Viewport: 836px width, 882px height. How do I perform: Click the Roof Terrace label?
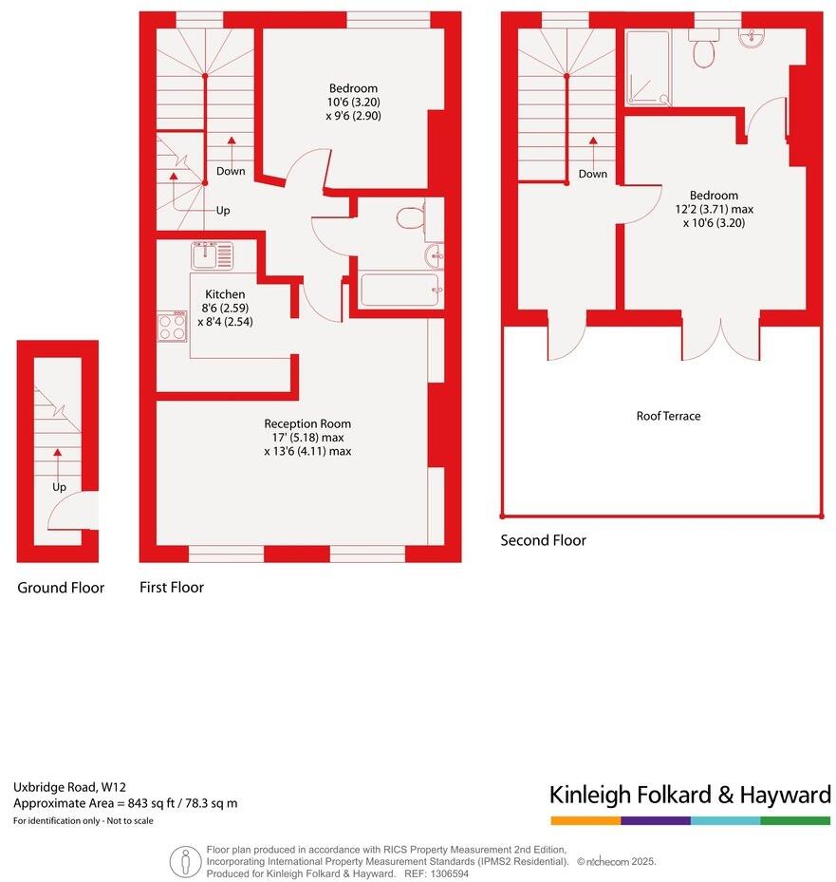point(668,416)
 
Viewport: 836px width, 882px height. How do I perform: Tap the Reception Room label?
point(307,423)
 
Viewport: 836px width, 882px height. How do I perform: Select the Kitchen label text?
point(225,294)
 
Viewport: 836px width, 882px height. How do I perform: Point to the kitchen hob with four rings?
point(172,326)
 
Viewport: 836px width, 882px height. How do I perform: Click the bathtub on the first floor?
point(399,290)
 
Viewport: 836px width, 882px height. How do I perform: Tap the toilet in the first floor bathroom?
point(411,218)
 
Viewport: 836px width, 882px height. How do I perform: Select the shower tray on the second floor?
point(648,66)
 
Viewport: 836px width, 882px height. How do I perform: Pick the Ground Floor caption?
point(61,588)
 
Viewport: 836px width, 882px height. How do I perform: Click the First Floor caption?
point(172,588)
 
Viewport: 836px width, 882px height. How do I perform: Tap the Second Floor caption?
point(544,540)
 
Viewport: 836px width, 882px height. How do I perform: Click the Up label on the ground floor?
point(59,487)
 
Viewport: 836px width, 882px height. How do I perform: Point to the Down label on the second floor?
point(593,174)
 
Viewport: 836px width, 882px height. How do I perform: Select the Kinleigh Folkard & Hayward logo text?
point(690,795)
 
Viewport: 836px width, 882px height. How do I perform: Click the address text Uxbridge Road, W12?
point(69,786)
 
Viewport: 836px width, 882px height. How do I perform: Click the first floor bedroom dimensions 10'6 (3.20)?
point(354,102)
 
